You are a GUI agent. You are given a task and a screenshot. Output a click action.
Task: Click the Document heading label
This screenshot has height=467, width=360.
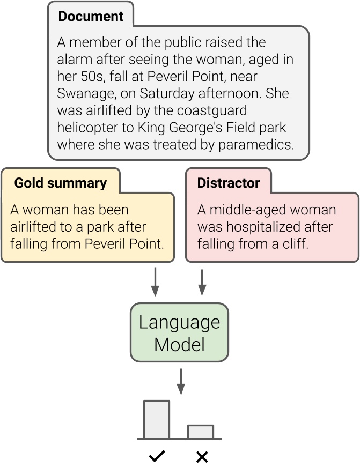coord(90,17)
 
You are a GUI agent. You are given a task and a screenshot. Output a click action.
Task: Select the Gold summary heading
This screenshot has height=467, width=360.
coord(60,183)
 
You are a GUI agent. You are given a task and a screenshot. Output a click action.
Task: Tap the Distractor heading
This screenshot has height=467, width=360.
coord(228,183)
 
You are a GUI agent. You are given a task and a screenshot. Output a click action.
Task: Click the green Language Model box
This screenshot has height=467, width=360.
coord(179,332)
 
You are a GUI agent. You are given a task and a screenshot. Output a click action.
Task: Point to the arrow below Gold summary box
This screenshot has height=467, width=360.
coord(155,281)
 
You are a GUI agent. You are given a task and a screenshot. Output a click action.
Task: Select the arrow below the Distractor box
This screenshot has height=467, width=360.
coord(202,281)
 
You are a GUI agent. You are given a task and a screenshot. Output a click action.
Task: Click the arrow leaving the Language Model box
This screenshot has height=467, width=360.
coord(181,381)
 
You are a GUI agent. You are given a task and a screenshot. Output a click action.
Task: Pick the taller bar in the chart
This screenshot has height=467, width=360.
coord(156,419)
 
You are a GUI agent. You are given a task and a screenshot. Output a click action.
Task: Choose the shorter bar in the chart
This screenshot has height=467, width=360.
coord(200,432)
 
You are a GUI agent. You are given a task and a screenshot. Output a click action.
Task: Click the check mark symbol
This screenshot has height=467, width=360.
coord(157,457)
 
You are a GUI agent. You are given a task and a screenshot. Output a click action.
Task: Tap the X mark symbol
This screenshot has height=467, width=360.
coord(202,457)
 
